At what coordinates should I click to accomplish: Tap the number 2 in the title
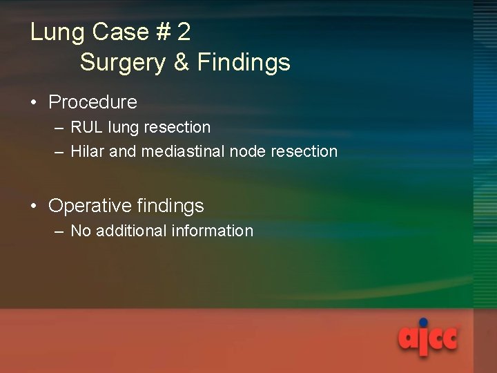184,32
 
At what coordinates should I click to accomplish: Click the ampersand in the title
182,63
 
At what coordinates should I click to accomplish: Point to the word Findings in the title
244,63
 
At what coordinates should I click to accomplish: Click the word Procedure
93,102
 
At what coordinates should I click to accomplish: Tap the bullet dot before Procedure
34,103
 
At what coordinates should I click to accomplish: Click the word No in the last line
81,231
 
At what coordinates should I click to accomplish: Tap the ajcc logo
428,339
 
